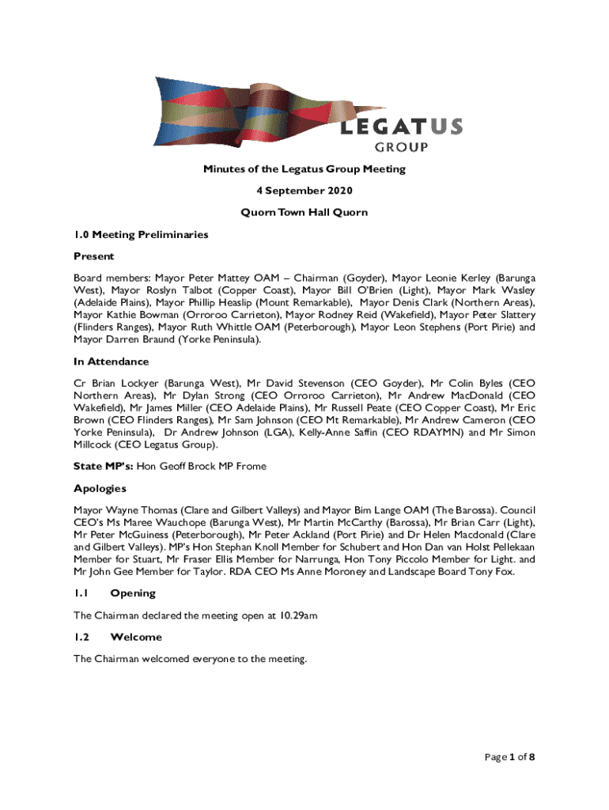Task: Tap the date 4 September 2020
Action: (x=304, y=191)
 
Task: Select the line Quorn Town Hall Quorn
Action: (x=304, y=213)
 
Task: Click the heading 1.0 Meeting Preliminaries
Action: (x=141, y=235)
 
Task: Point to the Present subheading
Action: (x=94, y=256)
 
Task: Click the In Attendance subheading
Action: (x=111, y=361)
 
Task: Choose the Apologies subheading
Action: (x=100, y=489)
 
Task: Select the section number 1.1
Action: (x=81, y=593)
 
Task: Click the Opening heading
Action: (x=133, y=593)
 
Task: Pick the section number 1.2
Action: (x=81, y=637)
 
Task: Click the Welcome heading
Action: (x=136, y=637)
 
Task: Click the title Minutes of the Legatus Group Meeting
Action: (x=304, y=168)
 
